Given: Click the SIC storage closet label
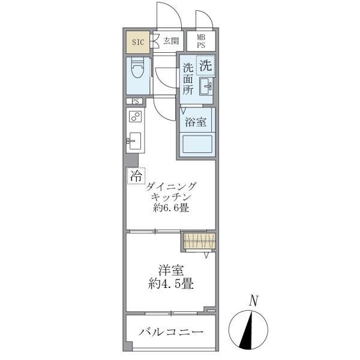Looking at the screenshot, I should coord(137,42).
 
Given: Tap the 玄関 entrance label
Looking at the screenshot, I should coord(171,41).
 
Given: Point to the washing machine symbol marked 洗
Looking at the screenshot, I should coord(206,65).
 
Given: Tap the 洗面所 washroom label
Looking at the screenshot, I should coord(188,78).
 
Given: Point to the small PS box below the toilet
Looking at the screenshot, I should coord(135,101).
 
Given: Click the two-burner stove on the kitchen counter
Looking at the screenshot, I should coord(135,117).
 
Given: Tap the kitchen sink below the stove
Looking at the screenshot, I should coord(134,142).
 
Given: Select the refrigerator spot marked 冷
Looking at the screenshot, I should coord(136,176).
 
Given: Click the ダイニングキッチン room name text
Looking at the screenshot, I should coord(171,192).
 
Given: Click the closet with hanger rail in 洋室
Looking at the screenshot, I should coord(199,241).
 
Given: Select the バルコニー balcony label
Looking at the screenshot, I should coord(171,332).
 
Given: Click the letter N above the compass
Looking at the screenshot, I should coord(254,300).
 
